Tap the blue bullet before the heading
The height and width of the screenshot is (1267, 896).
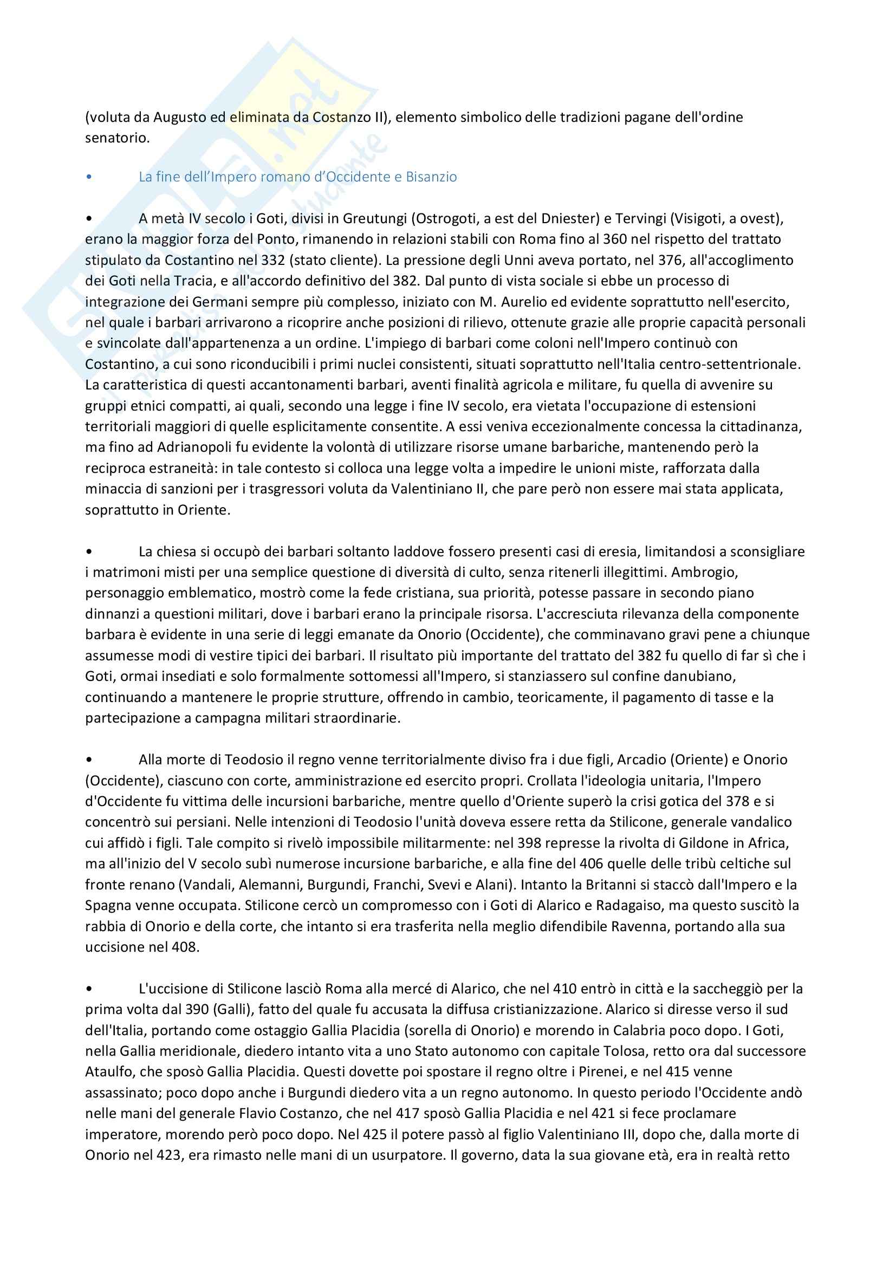[x=88, y=177]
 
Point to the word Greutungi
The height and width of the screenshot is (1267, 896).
[x=375, y=218]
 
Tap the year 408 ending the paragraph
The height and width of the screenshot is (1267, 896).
[x=185, y=947]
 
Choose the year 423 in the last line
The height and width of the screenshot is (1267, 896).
[x=167, y=1155]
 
